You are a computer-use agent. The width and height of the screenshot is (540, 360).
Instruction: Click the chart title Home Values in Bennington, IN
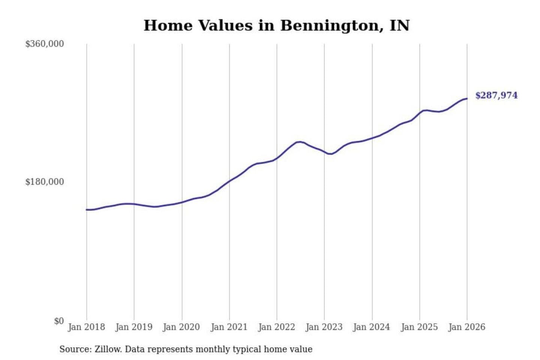pos(276,25)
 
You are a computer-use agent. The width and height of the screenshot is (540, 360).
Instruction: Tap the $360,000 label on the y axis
pos(44,44)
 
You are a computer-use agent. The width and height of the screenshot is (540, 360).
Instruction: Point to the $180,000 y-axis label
pos(44,182)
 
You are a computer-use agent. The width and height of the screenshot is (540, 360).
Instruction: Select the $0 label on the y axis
pos(59,321)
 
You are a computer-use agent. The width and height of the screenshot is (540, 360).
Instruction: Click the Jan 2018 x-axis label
pos(86,327)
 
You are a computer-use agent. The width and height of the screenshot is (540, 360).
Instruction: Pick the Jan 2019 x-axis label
pos(134,327)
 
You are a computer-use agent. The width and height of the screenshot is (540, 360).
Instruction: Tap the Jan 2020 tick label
pos(181,327)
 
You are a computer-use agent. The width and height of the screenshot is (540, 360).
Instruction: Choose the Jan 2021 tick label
pos(229,327)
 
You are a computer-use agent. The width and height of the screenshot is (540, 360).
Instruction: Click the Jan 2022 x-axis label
pos(277,327)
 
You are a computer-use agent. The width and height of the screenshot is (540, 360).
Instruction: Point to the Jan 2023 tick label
pos(324,327)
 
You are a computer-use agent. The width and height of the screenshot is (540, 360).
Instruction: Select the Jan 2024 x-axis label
pos(372,327)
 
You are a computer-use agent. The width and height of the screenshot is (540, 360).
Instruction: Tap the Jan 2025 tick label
pos(419,327)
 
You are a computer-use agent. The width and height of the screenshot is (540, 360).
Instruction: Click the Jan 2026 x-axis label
pos(467,327)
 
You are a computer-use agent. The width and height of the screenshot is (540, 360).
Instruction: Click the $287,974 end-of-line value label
pos(496,95)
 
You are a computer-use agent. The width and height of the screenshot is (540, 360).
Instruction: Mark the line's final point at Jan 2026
pos(467,99)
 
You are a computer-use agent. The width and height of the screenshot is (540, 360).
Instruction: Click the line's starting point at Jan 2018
pos(87,210)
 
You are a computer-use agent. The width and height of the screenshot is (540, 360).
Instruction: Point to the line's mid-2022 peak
pos(299,142)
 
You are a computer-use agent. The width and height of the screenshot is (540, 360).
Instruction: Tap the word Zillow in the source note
pos(108,349)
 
